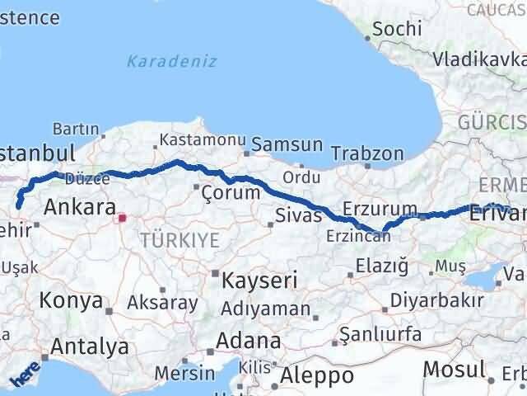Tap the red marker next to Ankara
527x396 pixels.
point(123,219)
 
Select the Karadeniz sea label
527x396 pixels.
point(171,61)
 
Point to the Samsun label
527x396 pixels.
point(287,144)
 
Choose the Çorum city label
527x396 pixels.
point(231,193)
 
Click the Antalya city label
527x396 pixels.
point(90,346)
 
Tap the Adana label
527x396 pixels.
point(248,341)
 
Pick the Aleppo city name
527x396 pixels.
point(317,376)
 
